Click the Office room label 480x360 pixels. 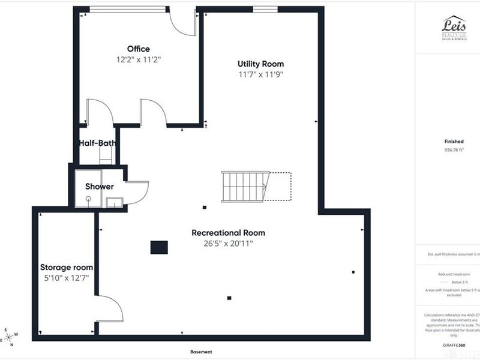(138, 49)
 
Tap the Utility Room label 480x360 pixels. (260, 64)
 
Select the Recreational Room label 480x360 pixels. (228, 233)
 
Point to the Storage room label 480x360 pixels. (66, 267)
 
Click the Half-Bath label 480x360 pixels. (97, 143)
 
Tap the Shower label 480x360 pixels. (99, 187)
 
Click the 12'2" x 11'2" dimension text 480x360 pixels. (139, 59)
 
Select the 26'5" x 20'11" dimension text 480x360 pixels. (228, 243)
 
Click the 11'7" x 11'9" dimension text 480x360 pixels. (260, 74)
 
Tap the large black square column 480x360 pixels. (159, 247)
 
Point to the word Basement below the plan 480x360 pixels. (201, 352)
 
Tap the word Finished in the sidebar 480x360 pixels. (454, 141)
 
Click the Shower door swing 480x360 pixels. (137, 191)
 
